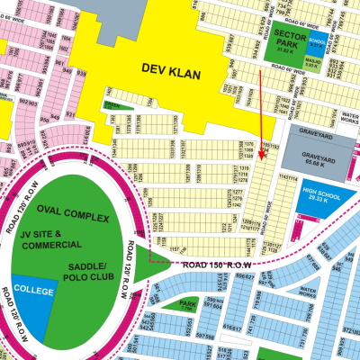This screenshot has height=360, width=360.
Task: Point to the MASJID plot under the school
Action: [x=313, y=64]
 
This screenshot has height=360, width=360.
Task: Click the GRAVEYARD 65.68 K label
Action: [x=314, y=164]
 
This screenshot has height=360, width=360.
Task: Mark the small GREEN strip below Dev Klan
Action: [x=111, y=104]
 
